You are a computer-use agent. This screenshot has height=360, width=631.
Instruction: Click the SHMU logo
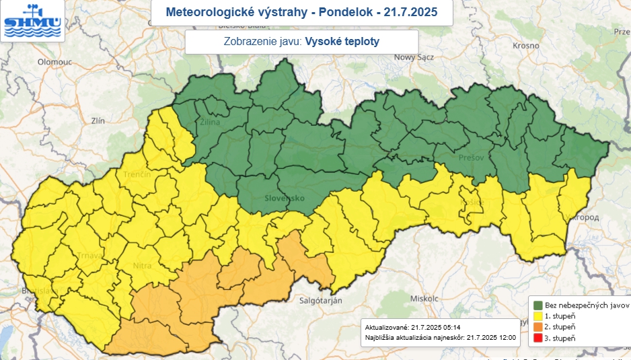32,21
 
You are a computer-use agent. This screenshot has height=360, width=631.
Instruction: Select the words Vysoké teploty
342,42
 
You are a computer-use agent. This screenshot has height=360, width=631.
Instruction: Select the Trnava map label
89,255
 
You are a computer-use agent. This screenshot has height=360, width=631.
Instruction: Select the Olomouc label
54,61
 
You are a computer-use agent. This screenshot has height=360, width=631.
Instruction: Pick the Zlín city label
98,120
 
